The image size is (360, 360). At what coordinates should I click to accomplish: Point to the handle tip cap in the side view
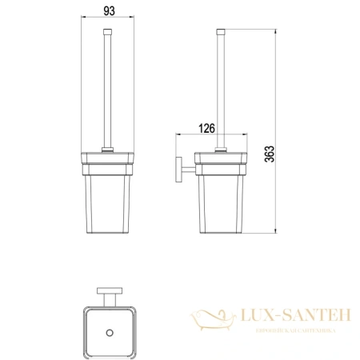click(x=221, y=32)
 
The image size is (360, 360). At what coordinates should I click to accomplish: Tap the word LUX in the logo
click(x=254, y=318)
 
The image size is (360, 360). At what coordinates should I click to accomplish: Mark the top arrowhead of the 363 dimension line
click(x=277, y=31)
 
